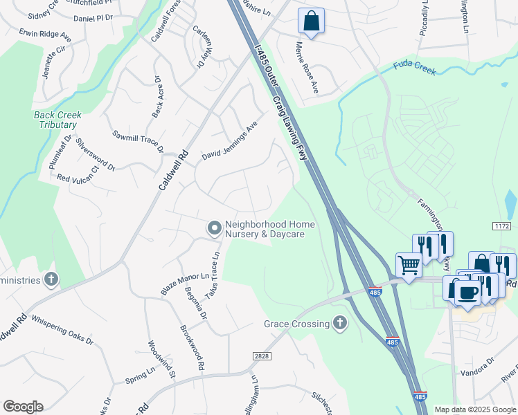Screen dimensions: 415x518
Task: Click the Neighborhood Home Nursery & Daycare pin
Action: coord(215,228)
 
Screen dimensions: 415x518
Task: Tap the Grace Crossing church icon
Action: coord(339,323)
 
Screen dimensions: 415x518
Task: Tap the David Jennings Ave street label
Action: coord(229,141)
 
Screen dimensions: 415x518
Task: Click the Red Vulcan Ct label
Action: coord(78,173)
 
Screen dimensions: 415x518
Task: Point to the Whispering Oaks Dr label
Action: coord(61,330)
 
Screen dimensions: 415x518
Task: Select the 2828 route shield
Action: coord(260,355)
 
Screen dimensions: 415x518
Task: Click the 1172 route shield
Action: coord(502,226)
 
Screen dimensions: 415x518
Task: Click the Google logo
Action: coord(23,407)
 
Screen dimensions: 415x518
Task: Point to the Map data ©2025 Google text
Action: coord(474,409)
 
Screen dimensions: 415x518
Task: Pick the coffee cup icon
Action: coord(467,291)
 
